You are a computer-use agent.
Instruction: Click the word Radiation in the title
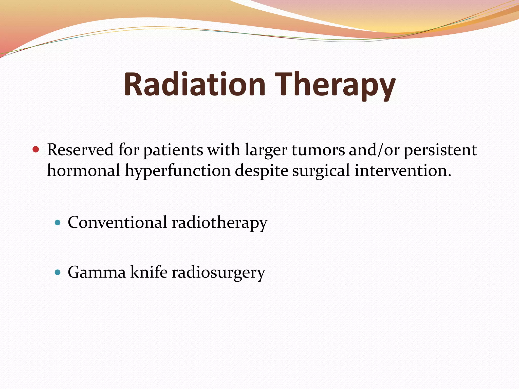coord(194,84)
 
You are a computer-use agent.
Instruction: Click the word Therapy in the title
coord(335,84)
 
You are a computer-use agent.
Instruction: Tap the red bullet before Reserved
coord(36,149)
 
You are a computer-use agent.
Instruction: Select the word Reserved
coord(80,150)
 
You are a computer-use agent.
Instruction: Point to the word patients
coord(173,150)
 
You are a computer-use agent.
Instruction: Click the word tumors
coord(318,150)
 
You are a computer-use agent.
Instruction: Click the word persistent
coord(440,150)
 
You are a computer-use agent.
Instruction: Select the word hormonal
coord(84,170)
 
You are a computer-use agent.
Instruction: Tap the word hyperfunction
coord(178,171)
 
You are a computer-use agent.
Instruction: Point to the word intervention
coord(403,170)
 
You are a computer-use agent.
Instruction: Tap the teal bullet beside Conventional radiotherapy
coord(58,223)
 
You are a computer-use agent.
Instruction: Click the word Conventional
coord(117,222)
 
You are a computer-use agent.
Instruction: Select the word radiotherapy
coord(219,223)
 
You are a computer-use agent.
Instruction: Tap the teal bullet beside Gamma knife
coord(58,273)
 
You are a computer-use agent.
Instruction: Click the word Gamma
coord(97,272)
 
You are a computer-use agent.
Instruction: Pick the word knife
coord(149,272)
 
